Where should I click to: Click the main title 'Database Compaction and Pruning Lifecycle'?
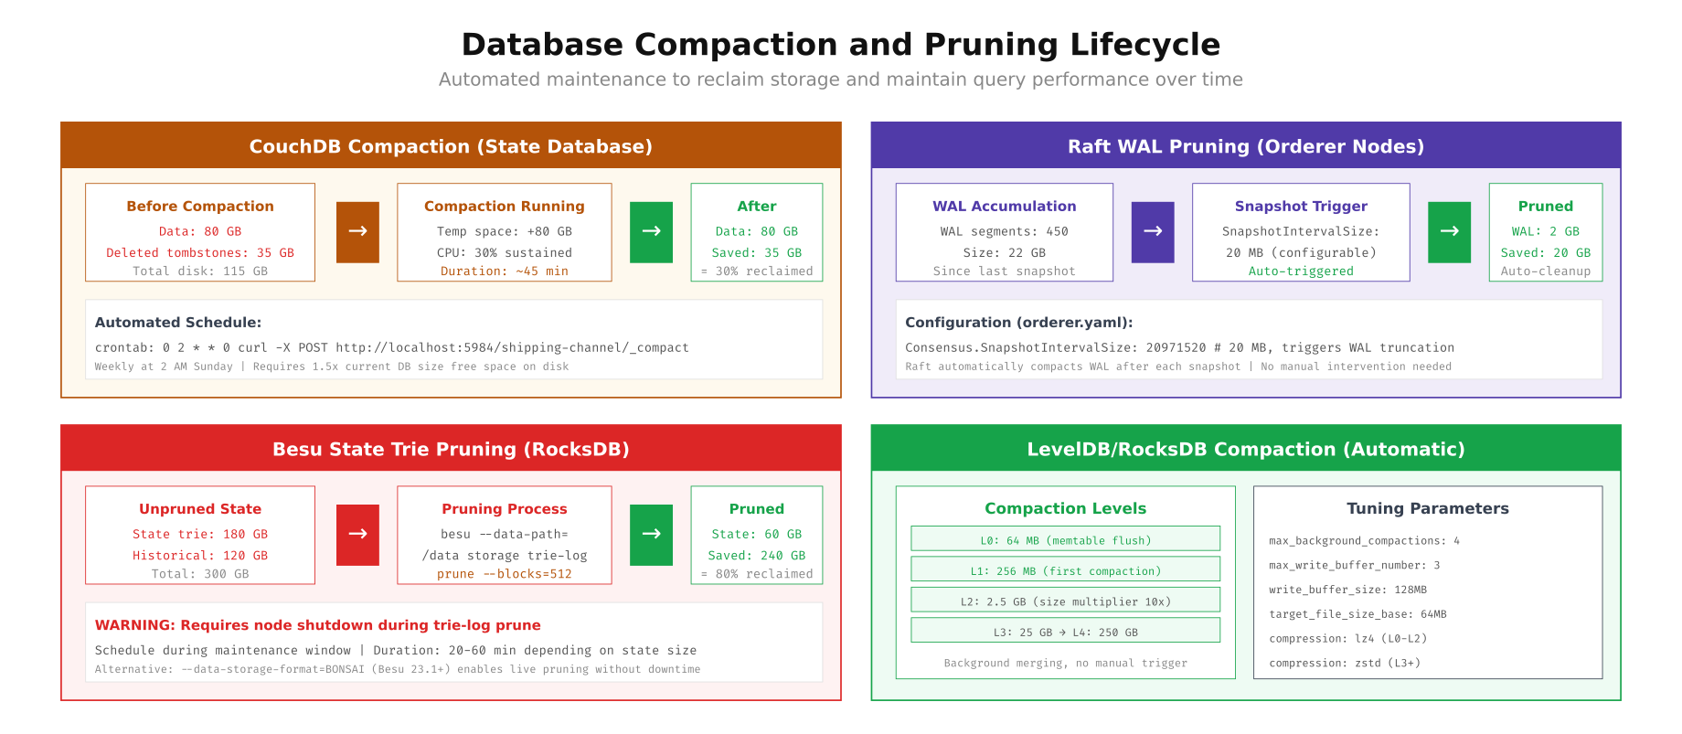pyautogui.click(x=840, y=45)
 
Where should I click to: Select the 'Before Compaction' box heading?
pyautogui.click(x=200, y=207)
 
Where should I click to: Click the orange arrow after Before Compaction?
pyautogui.click(x=357, y=232)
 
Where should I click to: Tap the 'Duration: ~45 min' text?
pyautogui.click(x=504, y=271)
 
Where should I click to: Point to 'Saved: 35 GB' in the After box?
pyautogui.click(x=756, y=253)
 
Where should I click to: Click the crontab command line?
pyautogui.click(x=391, y=348)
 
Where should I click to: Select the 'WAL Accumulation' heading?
pyautogui.click(x=1004, y=207)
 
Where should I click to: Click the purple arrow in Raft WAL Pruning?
pyautogui.click(x=1153, y=232)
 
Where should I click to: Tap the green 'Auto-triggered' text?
pyautogui.click(x=1301, y=271)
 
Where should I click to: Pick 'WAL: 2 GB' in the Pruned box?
pyautogui.click(x=1545, y=232)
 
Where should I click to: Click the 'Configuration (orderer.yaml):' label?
pyautogui.click(x=1018, y=323)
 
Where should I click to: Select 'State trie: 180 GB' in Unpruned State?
pyautogui.click(x=200, y=535)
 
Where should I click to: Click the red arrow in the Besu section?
pyautogui.click(x=357, y=535)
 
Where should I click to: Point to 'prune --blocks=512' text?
pyautogui.click(x=504, y=574)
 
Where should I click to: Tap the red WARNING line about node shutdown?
pyautogui.click(x=317, y=625)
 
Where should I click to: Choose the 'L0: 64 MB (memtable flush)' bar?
pyautogui.click(x=1065, y=540)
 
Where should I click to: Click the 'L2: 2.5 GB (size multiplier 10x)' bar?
pyautogui.click(x=1065, y=601)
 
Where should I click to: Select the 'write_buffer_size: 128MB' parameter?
pyautogui.click(x=1347, y=590)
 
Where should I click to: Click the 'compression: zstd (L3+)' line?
pyautogui.click(x=1344, y=664)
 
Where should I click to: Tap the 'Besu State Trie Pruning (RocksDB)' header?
pyautogui.click(x=451, y=449)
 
